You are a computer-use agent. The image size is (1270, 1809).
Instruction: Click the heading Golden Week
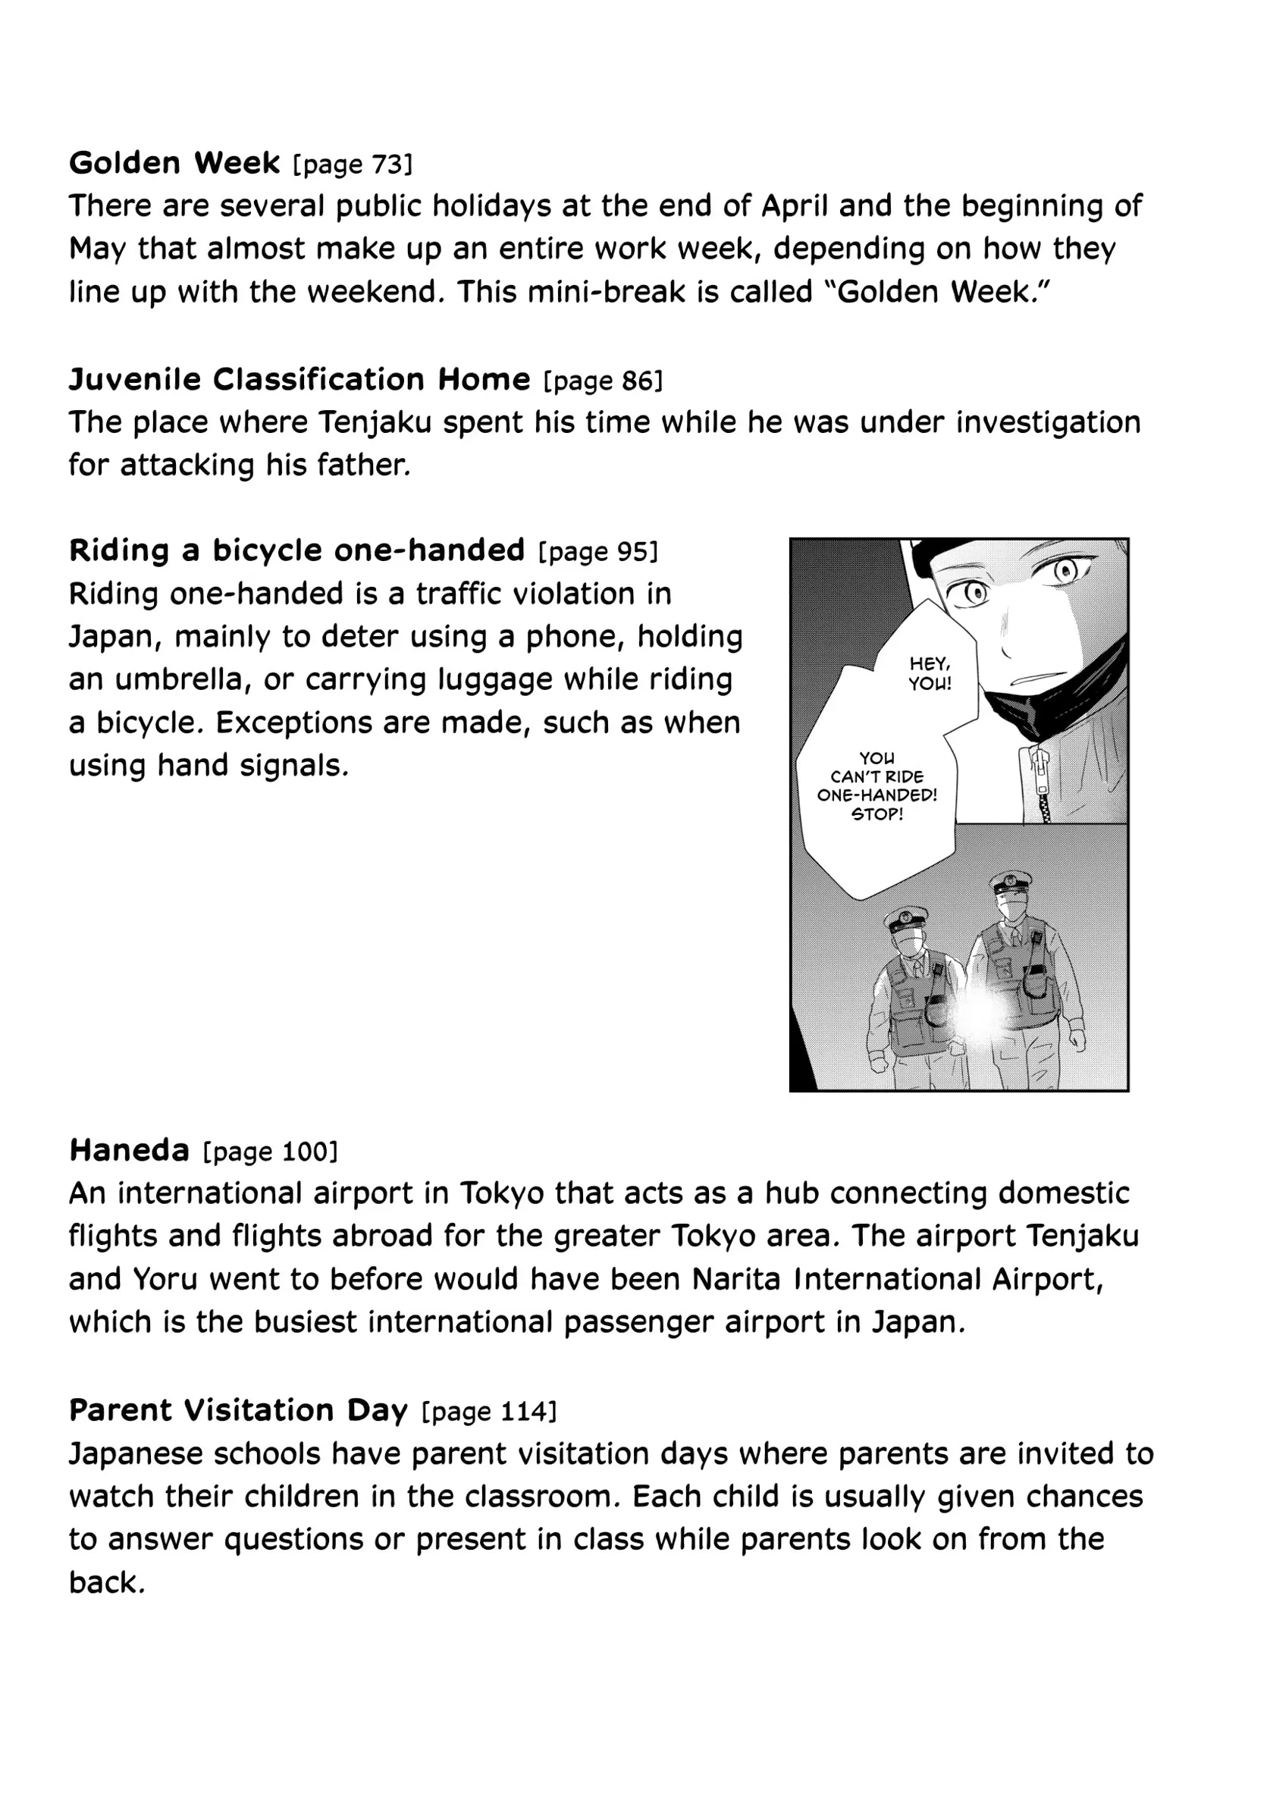tap(174, 163)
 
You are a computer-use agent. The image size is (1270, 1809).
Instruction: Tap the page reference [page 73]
tap(352, 165)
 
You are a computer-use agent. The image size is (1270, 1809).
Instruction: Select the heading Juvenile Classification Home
tap(299, 380)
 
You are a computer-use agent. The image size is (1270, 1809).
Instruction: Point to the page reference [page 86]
tap(603, 381)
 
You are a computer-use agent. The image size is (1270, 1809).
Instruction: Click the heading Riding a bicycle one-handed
tap(297, 550)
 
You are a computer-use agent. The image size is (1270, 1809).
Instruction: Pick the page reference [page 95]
tap(597, 551)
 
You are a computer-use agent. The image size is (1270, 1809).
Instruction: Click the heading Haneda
tap(129, 1150)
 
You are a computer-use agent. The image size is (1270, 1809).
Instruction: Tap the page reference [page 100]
tap(270, 1152)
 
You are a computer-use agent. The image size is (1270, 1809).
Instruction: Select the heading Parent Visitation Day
tap(239, 1409)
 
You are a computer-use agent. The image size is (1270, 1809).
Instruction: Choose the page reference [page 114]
tap(489, 1411)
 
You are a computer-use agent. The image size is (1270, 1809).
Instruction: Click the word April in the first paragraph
tap(794, 206)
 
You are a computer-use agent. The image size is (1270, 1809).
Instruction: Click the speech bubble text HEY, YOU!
tap(930, 674)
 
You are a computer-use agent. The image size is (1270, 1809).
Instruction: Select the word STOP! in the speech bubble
tap(876, 814)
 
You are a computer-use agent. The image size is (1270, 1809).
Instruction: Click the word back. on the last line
tap(107, 1582)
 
